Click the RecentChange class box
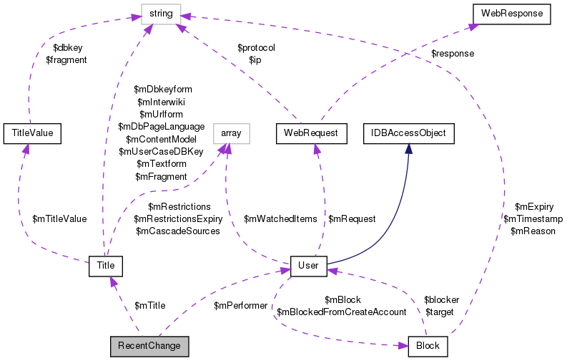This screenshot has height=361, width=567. click(149, 346)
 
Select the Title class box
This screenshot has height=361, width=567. click(106, 266)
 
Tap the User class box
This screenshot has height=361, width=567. click(308, 266)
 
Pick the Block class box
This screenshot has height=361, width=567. click(428, 346)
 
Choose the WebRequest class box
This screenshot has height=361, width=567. click(311, 133)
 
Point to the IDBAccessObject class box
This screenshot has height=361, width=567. click(408, 133)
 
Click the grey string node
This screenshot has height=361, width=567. click(160, 13)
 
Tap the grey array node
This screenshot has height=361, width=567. click(231, 133)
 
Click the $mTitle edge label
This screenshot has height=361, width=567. click(149, 305)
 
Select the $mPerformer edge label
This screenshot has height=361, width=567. click(240, 305)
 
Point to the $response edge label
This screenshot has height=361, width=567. click(453, 53)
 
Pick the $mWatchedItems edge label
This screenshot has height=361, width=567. click(280, 218)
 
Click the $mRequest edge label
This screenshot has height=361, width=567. click(351, 218)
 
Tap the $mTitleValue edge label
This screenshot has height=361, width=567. click(59, 218)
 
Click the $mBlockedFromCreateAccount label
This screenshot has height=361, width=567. click(341, 312)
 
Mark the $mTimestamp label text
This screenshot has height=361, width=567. click(533, 218)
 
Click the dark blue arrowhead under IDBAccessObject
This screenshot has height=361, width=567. click(408, 148)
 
